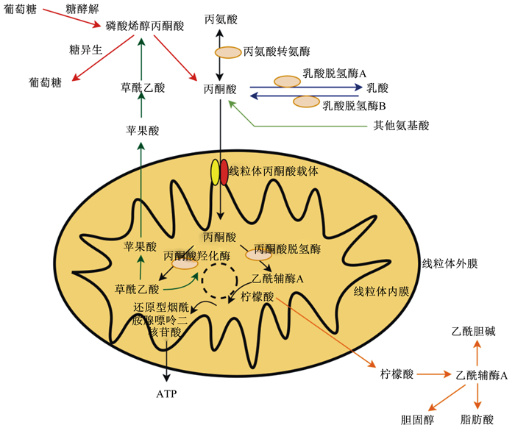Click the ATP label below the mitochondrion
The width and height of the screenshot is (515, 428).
pos(166,393)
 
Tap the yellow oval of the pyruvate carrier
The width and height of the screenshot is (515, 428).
pos(215,172)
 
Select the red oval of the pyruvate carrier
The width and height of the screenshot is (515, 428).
pos(224,172)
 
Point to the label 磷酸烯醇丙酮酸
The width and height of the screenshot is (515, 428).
pos(145,26)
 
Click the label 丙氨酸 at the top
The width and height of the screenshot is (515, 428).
pos(221,19)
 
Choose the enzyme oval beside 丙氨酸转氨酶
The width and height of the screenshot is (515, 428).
pos(228,52)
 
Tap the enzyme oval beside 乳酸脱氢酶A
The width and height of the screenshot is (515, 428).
pos(288,82)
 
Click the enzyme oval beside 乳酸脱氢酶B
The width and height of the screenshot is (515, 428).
pos(307,101)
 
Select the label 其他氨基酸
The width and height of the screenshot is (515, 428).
pos(401,125)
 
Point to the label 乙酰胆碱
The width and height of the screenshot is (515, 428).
pos(473,332)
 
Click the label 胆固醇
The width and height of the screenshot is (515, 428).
pos(417,419)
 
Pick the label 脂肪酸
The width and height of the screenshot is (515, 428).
pos(477,419)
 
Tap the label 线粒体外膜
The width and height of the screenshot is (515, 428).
pos(450,263)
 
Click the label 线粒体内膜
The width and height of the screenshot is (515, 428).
pos(381,291)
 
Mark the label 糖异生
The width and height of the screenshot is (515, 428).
pos(85,50)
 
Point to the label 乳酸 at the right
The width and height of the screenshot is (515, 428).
pos(377,88)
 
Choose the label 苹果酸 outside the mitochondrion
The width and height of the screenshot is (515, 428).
pos(143,131)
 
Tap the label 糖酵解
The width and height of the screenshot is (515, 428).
pos(82,9)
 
